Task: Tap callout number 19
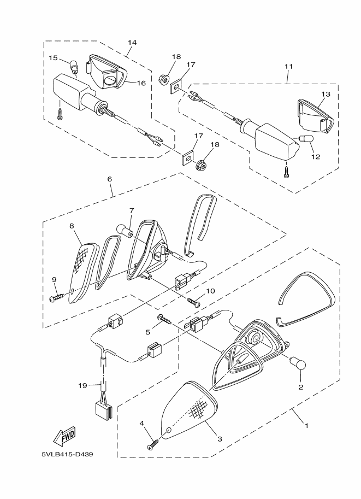tap(82, 385)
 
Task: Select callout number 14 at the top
tap(132, 42)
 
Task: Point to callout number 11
tap(288, 66)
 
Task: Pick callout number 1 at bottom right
tap(306, 425)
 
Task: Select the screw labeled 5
tap(163, 319)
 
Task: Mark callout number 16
tap(141, 83)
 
